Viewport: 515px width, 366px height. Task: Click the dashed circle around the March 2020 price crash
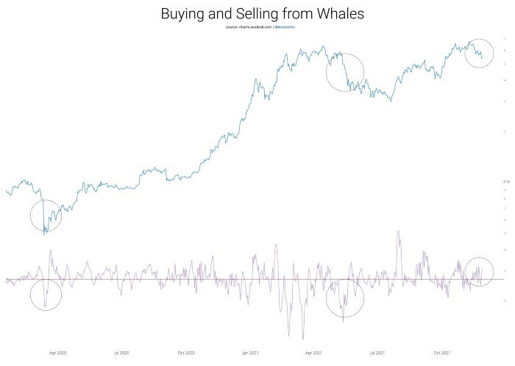coord(45,217)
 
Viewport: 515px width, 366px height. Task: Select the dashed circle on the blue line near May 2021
coord(345,71)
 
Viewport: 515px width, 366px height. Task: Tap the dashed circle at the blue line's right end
coord(479,52)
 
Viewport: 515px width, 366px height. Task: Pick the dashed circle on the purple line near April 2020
coord(46,295)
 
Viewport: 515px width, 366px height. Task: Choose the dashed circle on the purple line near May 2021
coord(345,298)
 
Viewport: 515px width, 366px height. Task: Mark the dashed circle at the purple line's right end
coord(479,272)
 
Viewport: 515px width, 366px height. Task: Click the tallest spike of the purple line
coord(398,231)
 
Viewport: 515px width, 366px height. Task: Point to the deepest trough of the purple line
coord(303,337)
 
